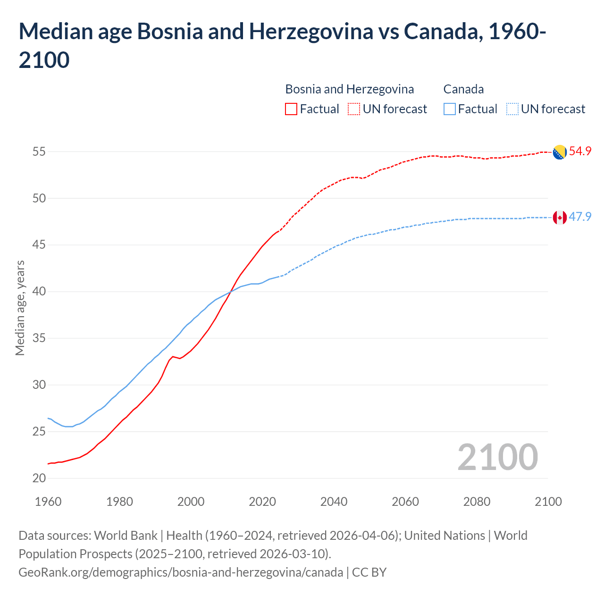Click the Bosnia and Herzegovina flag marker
click(560, 152)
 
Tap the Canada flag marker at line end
click(560, 218)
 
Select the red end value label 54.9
click(580, 151)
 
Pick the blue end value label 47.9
click(580, 217)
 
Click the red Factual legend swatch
click(291, 109)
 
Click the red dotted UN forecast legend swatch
click(354, 109)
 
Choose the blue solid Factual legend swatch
click(450, 109)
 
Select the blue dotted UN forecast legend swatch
click(512, 109)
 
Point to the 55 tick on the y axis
click(39, 152)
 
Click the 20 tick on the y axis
click(39, 478)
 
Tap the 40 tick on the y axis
click(39, 292)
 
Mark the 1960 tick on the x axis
click(48, 502)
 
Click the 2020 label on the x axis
click(262, 502)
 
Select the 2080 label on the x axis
click(477, 502)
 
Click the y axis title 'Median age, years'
click(20, 308)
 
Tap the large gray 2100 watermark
click(498, 457)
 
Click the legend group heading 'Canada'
click(463, 89)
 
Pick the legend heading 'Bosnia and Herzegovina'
click(350, 89)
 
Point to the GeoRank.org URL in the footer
click(181, 572)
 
